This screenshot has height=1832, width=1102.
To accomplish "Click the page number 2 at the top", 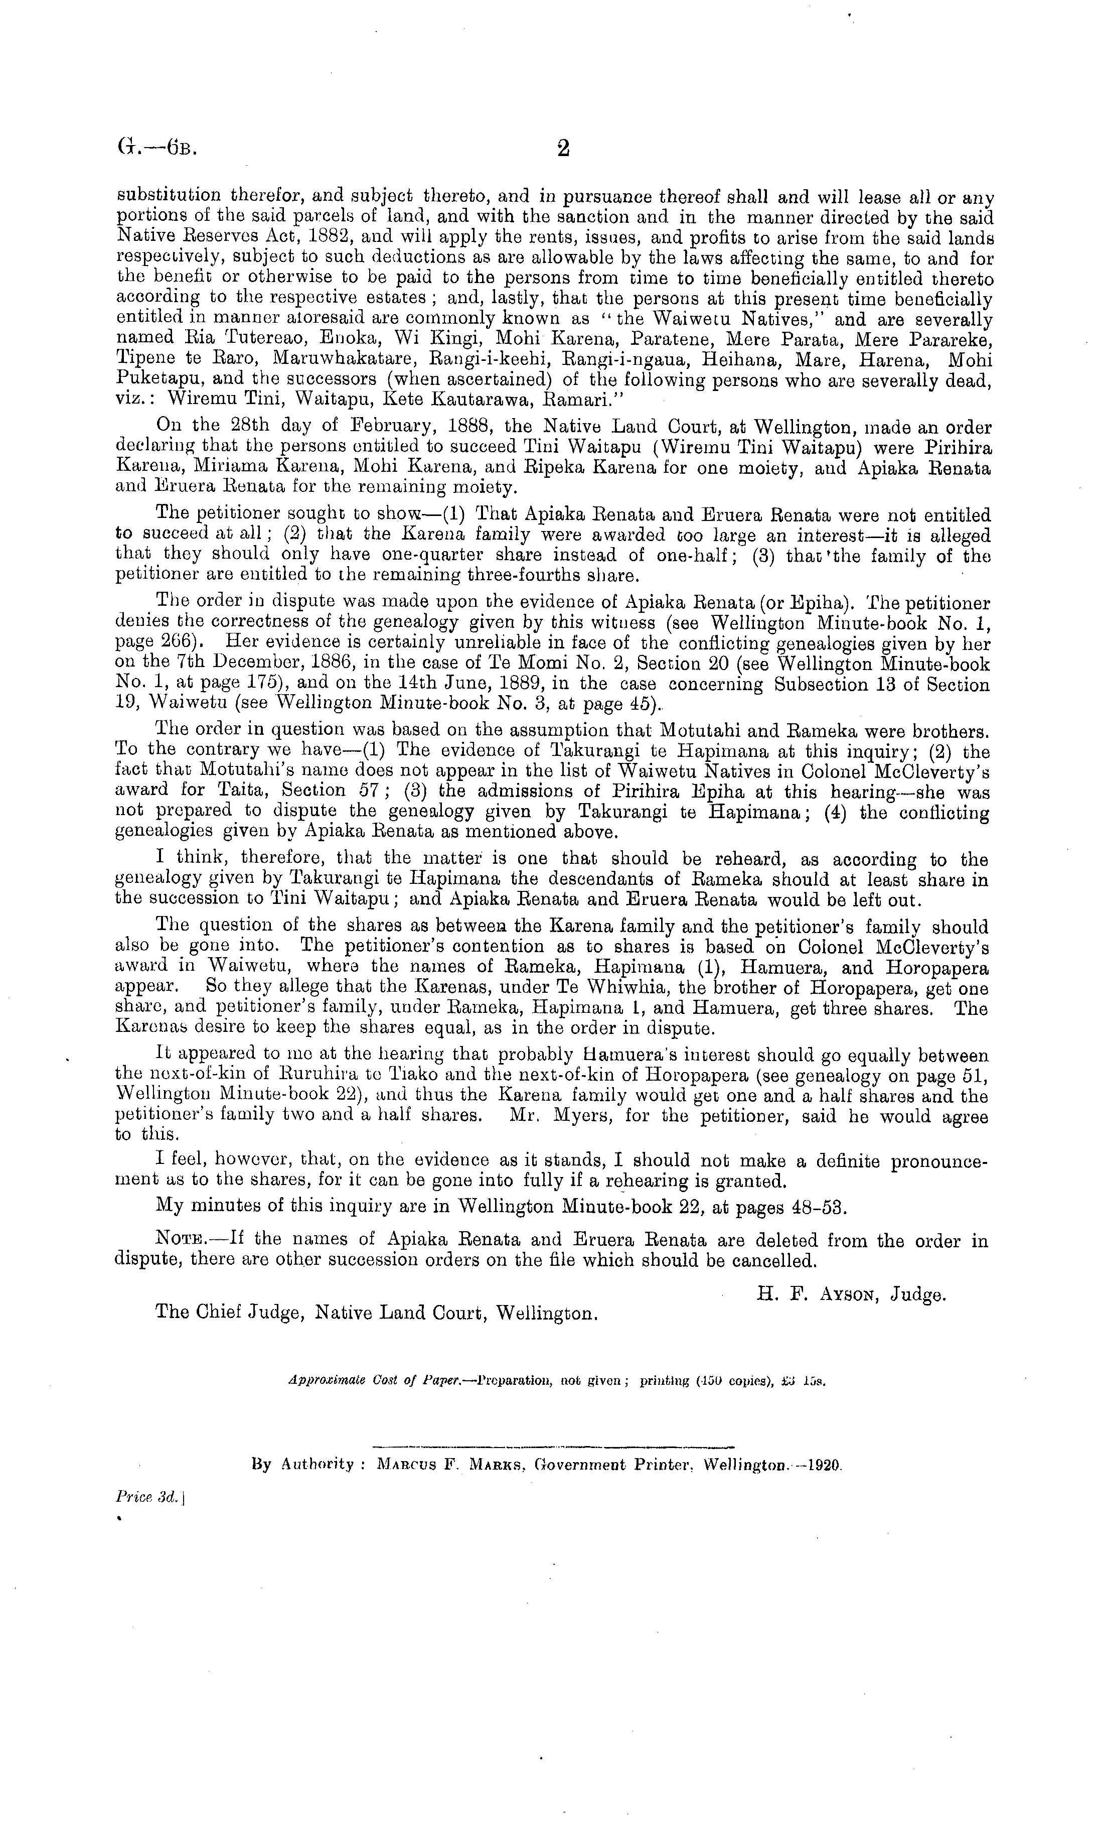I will (563, 148).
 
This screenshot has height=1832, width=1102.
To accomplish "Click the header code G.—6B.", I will (156, 148).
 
